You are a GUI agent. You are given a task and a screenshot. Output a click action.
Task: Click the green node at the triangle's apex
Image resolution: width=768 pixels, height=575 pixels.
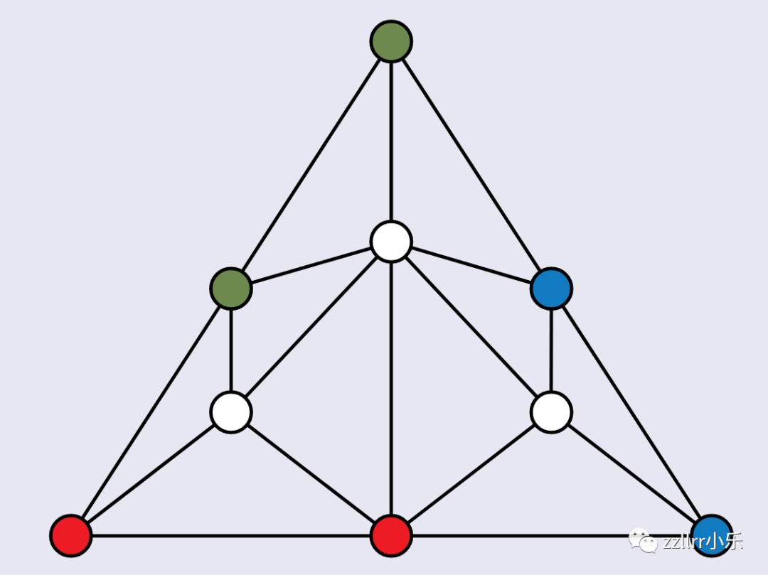tap(391, 41)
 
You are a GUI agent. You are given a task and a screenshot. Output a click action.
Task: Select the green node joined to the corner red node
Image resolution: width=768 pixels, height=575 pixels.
tap(231, 289)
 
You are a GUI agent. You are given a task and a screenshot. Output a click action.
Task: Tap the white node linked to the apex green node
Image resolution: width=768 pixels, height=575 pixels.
tap(391, 242)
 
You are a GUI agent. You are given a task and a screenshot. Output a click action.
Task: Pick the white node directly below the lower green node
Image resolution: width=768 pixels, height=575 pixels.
tap(231, 412)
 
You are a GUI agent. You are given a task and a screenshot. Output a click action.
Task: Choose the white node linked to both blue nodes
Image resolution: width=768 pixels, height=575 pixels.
tap(551, 412)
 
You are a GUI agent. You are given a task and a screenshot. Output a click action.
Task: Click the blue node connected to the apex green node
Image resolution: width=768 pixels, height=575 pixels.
tap(551, 289)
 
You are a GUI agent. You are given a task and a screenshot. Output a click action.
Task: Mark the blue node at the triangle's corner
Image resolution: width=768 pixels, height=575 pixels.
tap(711, 535)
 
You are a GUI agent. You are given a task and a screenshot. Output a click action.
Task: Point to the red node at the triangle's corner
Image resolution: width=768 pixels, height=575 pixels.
tap(71, 535)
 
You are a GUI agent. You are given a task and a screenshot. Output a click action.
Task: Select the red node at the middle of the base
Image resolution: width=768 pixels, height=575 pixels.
tap(391, 535)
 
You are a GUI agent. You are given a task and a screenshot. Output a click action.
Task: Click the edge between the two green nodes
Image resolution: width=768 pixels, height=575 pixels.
tap(311, 165)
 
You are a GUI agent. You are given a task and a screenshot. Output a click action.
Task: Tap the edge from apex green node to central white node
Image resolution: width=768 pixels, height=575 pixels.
tap(391, 142)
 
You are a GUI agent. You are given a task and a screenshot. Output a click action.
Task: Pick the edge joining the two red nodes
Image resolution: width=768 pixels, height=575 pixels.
tap(231, 535)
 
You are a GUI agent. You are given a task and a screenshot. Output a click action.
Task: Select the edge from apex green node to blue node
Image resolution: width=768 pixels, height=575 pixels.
tap(471, 165)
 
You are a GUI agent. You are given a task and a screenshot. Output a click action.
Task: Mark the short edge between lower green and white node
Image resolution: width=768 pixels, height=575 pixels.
tap(231, 350)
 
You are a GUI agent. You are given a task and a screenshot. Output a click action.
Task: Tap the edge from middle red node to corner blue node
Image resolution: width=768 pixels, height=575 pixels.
tap(512, 535)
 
